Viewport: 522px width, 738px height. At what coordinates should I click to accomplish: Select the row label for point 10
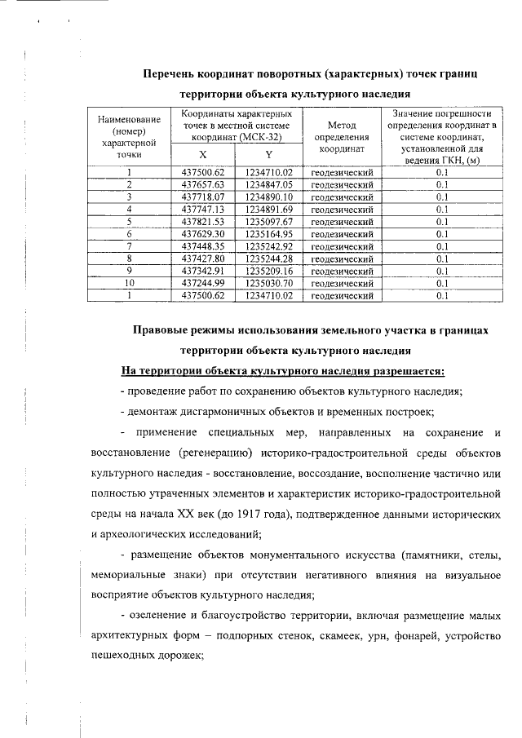pos(129,283)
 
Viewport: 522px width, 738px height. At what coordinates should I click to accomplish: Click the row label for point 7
pos(129,246)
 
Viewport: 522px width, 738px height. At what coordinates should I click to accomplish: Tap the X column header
pos(202,155)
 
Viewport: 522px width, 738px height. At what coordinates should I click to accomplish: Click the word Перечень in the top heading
pos(170,74)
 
